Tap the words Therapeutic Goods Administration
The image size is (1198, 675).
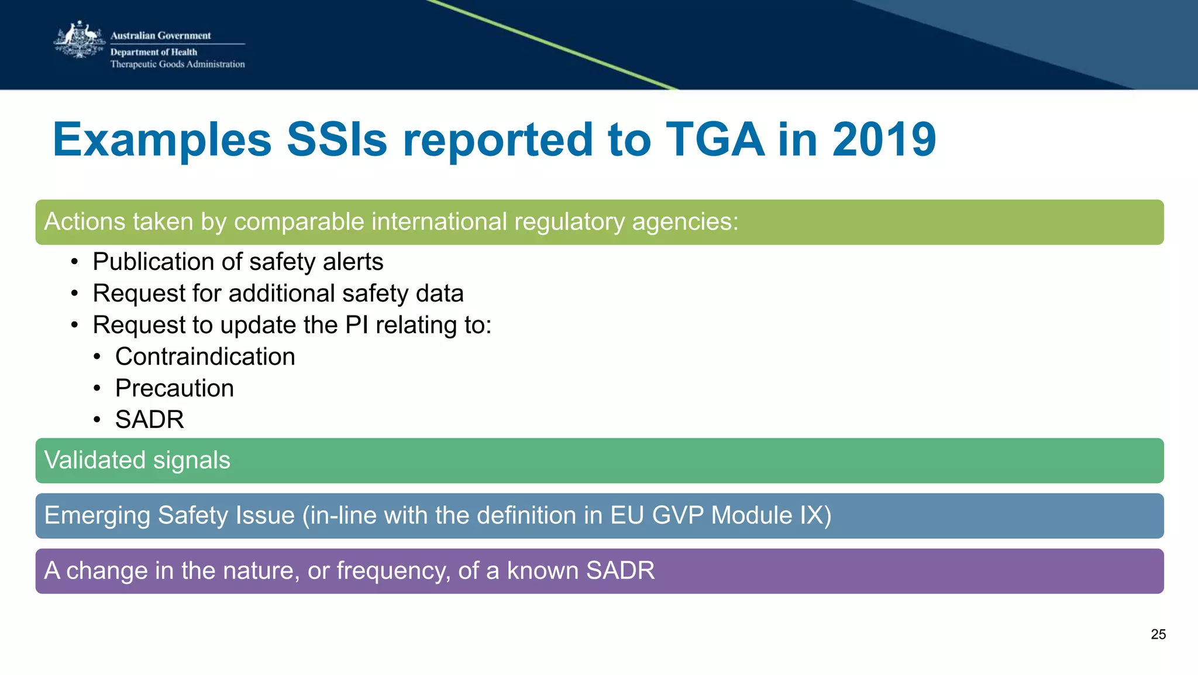click(x=177, y=64)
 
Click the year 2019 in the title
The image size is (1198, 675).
click(x=884, y=140)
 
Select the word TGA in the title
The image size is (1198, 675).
click(x=715, y=140)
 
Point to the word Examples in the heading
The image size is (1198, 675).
click(x=162, y=140)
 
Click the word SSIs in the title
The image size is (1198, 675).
click(x=337, y=140)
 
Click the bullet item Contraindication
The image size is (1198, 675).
click(x=205, y=357)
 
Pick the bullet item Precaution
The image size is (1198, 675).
click(x=174, y=388)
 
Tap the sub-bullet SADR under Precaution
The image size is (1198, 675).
click(x=149, y=420)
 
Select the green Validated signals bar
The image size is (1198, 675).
click(x=599, y=461)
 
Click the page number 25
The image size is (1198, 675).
click(x=1158, y=635)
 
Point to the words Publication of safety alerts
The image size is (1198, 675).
click(x=237, y=262)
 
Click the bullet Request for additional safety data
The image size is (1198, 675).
click(x=278, y=293)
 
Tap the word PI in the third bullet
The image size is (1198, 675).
click(x=357, y=325)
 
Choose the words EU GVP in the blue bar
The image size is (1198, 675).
click(x=657, y=516)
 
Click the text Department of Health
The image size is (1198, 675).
click(x=154, y=52)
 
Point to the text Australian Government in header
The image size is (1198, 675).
click(x=160, y=36)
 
